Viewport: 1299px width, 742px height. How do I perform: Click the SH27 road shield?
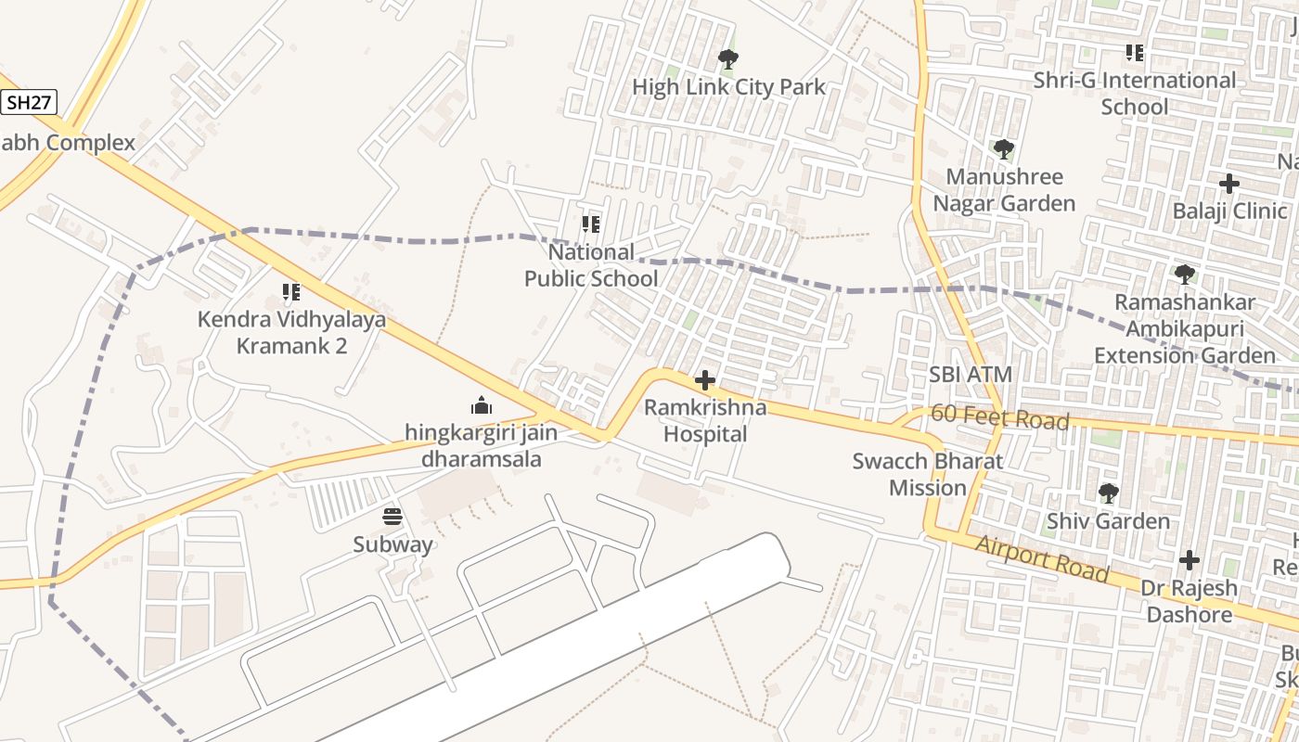click(x=28, y=102)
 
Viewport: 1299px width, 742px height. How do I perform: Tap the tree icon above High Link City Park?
click(x=728, y=60)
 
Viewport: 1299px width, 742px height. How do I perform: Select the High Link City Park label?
click(x=728, y=87)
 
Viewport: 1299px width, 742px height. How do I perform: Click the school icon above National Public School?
click(x=591, y=224)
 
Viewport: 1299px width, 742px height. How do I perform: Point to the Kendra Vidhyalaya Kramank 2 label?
click(x=291, y=332)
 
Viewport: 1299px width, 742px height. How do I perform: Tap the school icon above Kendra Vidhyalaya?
click(x=291, y=293)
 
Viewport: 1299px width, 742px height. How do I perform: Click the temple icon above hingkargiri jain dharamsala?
click(x=481, y=405)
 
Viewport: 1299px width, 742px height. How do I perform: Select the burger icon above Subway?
click(x=392, y=517)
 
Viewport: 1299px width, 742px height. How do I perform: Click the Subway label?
click(x=392, y=544)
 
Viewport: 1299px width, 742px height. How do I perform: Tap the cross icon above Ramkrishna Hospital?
click(x=705, y=380)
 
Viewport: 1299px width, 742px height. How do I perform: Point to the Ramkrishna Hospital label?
click(x=705, y=420)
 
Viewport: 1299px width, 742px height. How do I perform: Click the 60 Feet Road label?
click(x=999, y=418)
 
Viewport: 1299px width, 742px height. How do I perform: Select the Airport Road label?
click(x=1041, y=559)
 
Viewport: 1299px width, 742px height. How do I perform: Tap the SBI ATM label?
click(x=971, y=375)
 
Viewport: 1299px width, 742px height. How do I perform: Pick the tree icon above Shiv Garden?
click(x=1108, y=493)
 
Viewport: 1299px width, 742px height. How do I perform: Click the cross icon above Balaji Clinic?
click(x=1229, y=184)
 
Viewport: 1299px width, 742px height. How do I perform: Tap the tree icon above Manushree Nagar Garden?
click(x=1003, y=148)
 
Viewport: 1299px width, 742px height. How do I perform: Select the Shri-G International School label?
click(x=1135, y=93)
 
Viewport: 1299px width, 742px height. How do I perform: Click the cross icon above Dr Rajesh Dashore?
click(x=1190, y=560)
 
